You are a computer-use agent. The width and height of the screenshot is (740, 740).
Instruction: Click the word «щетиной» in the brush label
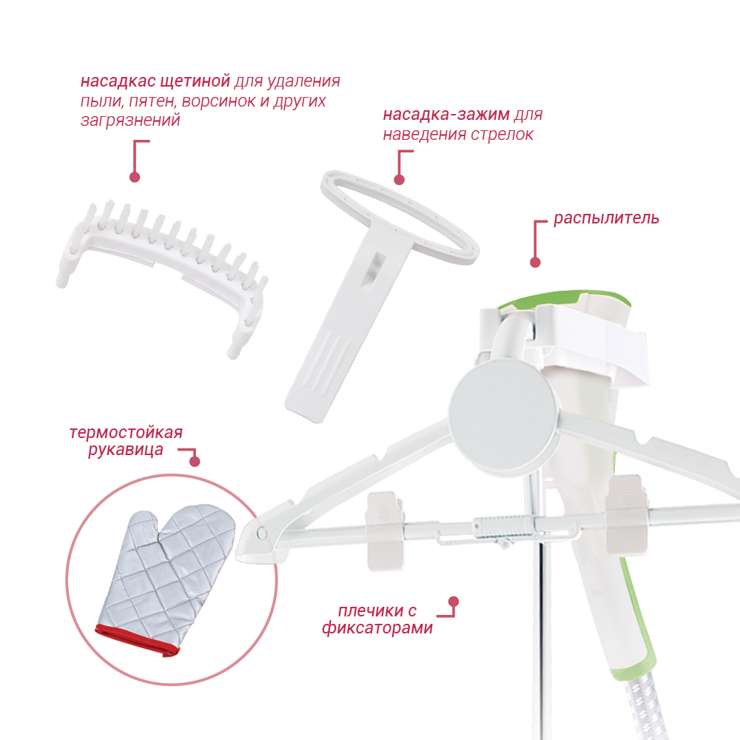(195, 81)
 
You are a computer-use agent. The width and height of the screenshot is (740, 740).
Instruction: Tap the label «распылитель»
(607, 218)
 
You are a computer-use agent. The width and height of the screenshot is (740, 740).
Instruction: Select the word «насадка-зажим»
(446, 115)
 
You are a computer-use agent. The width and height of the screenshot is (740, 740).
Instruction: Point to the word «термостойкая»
(126, 433)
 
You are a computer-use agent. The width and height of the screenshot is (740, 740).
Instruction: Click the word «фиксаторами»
(377, 628)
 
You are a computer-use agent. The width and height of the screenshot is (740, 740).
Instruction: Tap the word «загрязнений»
(130, 121)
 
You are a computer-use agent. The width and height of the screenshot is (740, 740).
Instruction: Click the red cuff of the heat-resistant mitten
(137, 640)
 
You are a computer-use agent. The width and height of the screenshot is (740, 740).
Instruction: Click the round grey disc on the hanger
(503, 417)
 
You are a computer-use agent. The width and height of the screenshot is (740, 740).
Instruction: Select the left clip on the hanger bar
(386, 531)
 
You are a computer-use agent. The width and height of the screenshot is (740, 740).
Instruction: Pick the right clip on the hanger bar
(626, 514)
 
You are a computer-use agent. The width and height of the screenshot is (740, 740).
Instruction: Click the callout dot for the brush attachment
(135, 177)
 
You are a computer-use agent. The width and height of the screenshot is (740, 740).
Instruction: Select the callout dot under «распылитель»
(535, 263)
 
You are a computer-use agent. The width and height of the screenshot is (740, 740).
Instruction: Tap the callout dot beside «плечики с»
(454, 602)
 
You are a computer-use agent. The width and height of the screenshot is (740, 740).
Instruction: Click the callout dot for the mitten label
(195, 461)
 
